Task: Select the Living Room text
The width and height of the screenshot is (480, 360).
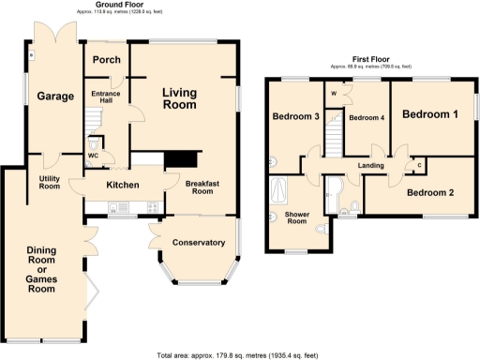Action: click(x=183, y=98)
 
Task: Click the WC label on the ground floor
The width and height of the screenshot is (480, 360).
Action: click(x=94, y=155)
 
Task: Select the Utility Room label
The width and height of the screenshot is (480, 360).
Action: click(x=51, y=181)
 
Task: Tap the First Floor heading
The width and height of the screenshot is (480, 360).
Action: click(x=370, y=57)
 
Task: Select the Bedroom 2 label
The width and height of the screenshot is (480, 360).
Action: click(x=430, y=193)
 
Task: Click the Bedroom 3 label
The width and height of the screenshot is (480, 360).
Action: click(x=296, y=117)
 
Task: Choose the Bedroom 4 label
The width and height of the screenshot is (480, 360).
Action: click(x=367, y=118)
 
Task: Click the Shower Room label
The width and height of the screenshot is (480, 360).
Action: click(x=297, y=217)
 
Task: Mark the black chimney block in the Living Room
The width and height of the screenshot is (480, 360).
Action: click(x=182, y=160)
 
